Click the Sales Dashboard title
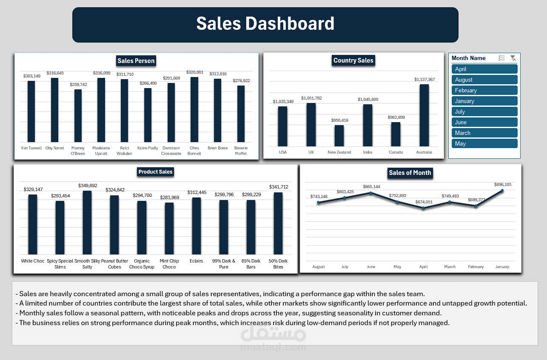pyautogui.click(x=265, y=24)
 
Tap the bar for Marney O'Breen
pyautogui.click(x=78, y=116)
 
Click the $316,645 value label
pyautogui.click(x=55, y=73)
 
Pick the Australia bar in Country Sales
pyautogui.click(x=424, y=115)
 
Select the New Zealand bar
pyautogui.click(x=339, y=136)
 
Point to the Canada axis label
pyautogui.click(x=396, y=152)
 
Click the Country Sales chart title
pyautogui.click(x=353, y=60)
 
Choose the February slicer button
pyautogui.click(x=484, y=90)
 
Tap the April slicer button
pyautogui.click(x=484, y=69)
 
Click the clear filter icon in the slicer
pyautogui.click(x=513, y=58)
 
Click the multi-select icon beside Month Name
pyautogui.click(x=501, y=58)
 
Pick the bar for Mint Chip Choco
pyautogui.click(x=169, y=229)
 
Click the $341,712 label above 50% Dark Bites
pyautogui.click(x=278, y=187)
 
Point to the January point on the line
pyautogui.click(x=502, y=191)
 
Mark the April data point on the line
pyautogui.click(x=423, y=208)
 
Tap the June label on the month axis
pyautogui.click(x=371, y=267)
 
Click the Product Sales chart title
pyautogui.click(x=155, y=172)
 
